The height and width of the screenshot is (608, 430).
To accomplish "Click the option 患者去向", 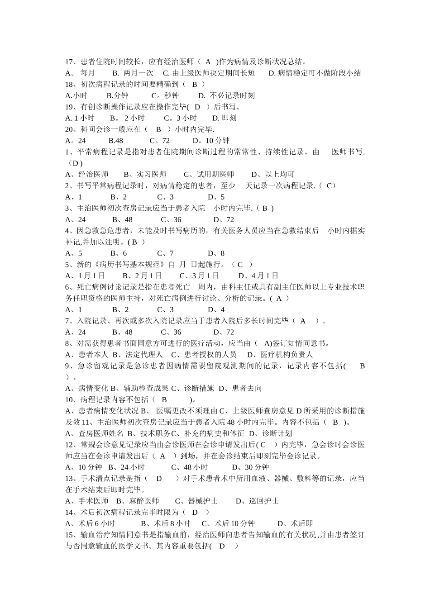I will pyautogui.click(x=247, y=388).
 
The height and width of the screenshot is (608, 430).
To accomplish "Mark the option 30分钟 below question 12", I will pyautogui.click(x=257, y=467).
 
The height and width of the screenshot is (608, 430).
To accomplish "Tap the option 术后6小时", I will pyautogui.click(x=96, y=523).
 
